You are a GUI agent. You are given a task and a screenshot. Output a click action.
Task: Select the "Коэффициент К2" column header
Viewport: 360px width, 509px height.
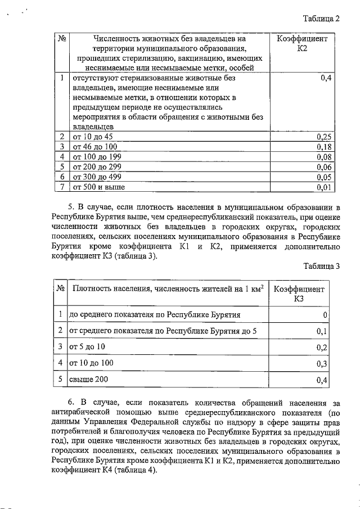click(303, 44)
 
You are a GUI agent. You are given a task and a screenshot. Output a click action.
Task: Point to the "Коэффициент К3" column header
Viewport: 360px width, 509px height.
click(299, 294)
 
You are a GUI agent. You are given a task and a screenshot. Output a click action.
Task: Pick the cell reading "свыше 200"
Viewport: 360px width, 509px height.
click(88, 380)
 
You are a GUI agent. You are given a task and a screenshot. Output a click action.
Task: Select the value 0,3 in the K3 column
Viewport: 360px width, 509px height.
click(322, 364)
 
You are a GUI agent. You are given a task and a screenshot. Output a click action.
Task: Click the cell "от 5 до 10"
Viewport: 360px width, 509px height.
click(87, 346)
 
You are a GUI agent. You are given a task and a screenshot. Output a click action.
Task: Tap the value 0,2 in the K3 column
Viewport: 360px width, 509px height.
click(322, 347)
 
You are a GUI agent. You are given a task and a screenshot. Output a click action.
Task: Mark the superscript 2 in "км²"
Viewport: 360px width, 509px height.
click(260, 287)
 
